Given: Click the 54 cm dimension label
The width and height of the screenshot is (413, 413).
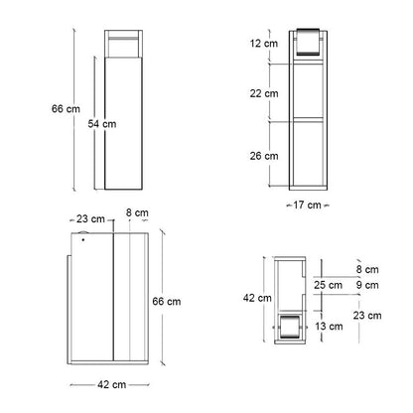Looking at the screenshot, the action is coord(102,124).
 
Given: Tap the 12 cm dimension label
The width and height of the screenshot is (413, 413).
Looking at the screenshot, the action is coord(264,44).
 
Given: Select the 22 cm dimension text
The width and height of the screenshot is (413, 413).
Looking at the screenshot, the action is coord(264,93).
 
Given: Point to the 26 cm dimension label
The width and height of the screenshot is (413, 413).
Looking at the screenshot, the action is coord(264,156).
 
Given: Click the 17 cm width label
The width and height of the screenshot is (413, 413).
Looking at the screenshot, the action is coord(307,206).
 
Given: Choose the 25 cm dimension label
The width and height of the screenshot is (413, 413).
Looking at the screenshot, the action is coord(328,285).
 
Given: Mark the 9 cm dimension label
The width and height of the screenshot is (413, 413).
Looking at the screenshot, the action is coord(367,285).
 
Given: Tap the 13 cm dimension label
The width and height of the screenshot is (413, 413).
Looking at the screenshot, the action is coord(329,327).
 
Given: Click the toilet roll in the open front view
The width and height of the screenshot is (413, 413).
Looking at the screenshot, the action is coord(308,42).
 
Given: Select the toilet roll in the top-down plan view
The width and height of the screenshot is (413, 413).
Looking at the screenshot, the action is coord(290,328).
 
